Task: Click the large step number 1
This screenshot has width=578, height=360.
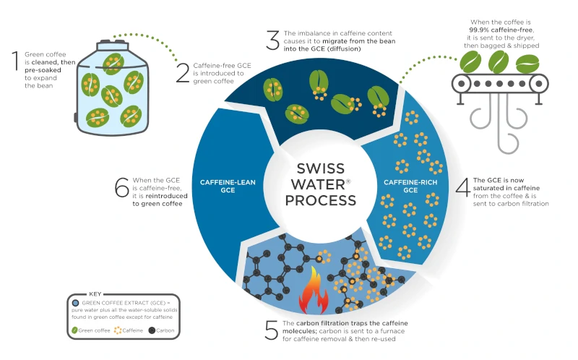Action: point(15,61)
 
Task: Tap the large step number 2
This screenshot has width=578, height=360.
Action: point(183,73)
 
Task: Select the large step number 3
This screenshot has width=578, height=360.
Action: point(273,40)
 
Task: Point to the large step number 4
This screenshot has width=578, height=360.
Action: point(463,187)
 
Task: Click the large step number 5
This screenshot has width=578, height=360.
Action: point(272,330)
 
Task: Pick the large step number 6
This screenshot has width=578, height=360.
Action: point(122,187)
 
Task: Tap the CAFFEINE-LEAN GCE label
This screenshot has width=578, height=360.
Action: point(228,187)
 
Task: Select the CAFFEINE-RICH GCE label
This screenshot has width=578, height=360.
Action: point(410,187)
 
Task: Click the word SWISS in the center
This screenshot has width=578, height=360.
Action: point(320,168)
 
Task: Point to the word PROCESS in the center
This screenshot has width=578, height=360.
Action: point(320,201)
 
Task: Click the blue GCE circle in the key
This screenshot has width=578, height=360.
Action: point(76,303)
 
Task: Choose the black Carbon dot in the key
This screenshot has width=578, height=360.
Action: point(152,330)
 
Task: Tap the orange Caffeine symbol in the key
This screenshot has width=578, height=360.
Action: point(118,330)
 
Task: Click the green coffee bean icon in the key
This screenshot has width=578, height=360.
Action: point(74,330)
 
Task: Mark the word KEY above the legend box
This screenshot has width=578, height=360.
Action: point(95,294)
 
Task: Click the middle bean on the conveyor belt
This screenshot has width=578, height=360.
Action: point(499,62)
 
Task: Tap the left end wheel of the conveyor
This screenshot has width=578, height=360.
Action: point(461,84)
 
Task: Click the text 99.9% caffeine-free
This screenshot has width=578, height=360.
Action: point(501,30)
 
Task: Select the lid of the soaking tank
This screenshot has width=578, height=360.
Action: point(113,46)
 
